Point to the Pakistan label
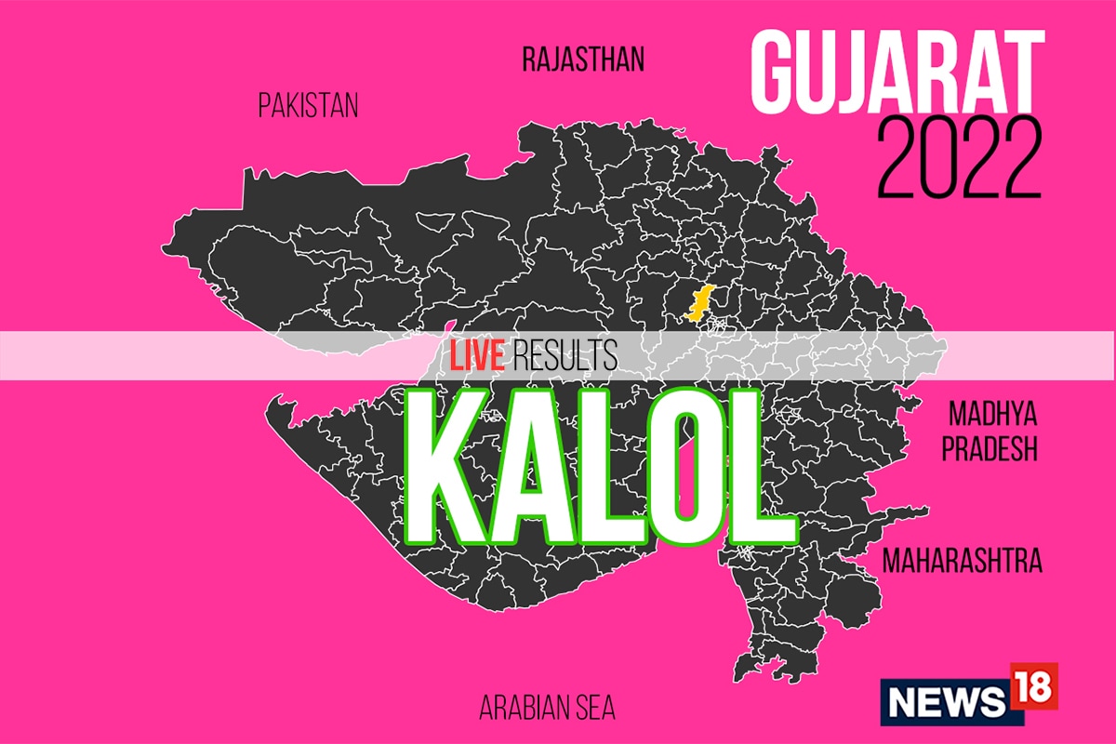coord(308,106)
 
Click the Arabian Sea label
coord(547,708)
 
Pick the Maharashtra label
coord(962,561)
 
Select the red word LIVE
coord(476,356)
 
